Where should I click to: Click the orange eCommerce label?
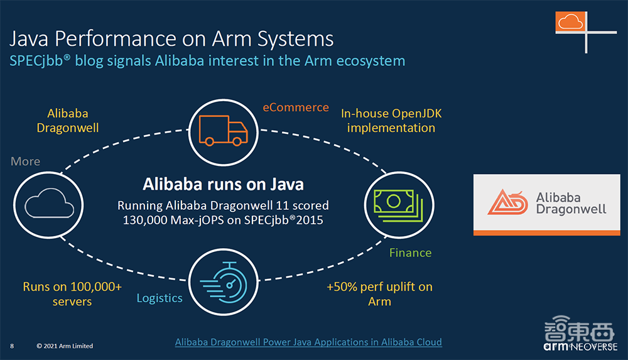pyautogui.click(x=296, y=107)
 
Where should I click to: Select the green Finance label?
pyautogui.click(x=410, y=253)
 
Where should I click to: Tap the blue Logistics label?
pyautogui.click(x=160, y=297)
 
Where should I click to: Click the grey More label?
pyautogui.click(x=26, y=161)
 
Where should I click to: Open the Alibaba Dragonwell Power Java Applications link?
pyautogui.click(x=308, y=342)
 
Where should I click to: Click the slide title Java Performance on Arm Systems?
pyautogui.click(x=171, y=39)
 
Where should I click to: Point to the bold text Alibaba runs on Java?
pyautogui.click(x=223, y=184)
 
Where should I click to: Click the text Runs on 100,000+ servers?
pyautogui.click(x=72, y=294)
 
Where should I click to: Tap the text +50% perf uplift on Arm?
pyautogui.click(x=379, y=293)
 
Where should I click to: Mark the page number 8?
pyautogui.click(x=12, y=346)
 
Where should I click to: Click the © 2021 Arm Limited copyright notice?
pyautogui.click(x=65, y=346)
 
